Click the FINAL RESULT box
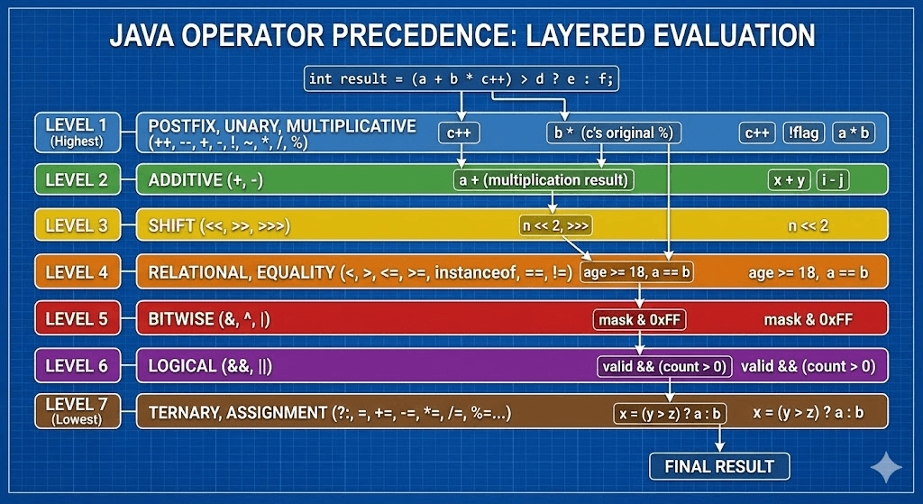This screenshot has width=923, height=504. click(719, 466)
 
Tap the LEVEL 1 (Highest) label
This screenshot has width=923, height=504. click(78, 133)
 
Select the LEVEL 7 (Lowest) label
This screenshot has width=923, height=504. click(78, 411)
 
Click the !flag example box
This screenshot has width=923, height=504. click(803, 133)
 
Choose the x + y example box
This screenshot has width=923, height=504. click(790, 180)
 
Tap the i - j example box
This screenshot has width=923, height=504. click(833, 180)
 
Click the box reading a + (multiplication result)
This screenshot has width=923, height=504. click(544, 179)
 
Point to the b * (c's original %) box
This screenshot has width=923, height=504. click(613, 133)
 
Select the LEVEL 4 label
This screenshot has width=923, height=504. click(78, 272)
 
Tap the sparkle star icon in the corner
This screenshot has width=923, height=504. click(886, 468)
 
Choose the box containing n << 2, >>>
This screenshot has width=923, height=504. click(555, 225)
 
